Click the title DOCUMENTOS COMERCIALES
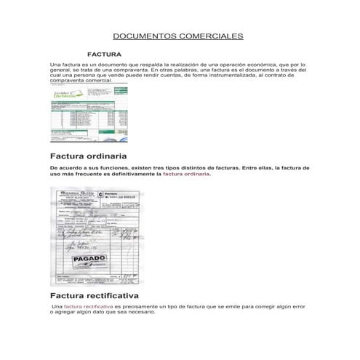coord(178,36)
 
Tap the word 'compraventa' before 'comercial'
coord(67,80)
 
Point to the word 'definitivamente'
coord(123,174)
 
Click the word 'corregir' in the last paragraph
coord(263,308)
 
